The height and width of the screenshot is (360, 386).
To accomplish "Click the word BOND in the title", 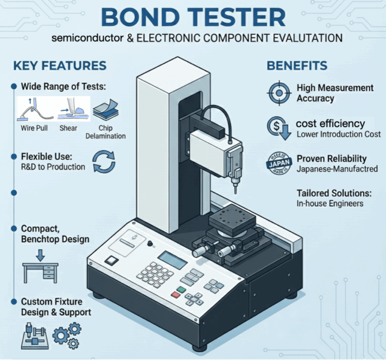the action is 140,17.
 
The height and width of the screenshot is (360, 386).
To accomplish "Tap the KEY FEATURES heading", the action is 60,66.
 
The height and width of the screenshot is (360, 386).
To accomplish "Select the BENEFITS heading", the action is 297,66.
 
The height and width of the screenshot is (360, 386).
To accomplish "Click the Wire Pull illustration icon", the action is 35,109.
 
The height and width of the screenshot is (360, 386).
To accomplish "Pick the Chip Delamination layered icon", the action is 106,110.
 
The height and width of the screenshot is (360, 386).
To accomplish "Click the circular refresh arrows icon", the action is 103,161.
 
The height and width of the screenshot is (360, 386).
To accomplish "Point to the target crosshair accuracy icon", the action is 279,93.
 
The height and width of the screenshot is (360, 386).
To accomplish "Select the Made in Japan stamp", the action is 280,163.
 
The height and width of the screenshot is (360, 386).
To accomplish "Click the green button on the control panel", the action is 181,289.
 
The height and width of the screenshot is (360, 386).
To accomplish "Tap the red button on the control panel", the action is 176,294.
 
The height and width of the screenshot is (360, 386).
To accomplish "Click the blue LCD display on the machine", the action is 173,260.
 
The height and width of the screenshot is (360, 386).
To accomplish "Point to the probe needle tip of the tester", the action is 236,193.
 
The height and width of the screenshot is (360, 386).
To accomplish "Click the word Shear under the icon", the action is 68,128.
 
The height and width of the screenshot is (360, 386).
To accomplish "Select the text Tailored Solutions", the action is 334,193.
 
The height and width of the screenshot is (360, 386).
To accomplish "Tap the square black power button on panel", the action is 111,261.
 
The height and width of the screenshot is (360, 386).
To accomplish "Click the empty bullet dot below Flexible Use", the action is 14,193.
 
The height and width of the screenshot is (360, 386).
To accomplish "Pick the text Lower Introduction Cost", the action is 338,135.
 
